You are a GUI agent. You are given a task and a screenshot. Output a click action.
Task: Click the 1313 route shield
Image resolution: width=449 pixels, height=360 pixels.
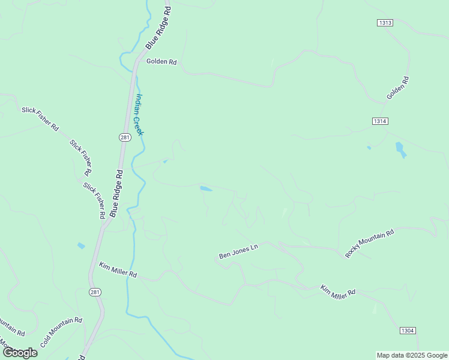tap(385, 23)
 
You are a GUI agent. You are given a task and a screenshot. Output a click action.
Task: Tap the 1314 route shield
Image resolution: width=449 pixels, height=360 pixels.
tap(379, 121)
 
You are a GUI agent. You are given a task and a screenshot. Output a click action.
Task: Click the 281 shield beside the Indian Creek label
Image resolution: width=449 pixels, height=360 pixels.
tap(124, 137)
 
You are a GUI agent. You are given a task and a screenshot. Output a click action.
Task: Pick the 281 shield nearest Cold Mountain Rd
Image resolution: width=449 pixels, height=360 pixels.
tap(95, 292)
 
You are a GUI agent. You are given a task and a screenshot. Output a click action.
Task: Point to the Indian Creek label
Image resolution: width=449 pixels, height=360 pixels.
tap(139, 115)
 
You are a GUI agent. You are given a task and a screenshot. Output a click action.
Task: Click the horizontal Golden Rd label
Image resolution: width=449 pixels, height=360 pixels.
tap(161, 61)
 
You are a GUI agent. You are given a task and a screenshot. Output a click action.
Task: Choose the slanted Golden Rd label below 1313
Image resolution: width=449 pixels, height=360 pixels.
tap(397, 88)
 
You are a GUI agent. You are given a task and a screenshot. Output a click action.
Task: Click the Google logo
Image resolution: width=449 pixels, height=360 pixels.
tap(20, 353)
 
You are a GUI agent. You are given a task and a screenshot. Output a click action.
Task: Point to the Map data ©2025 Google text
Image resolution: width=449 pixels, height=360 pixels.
tap(412, 355)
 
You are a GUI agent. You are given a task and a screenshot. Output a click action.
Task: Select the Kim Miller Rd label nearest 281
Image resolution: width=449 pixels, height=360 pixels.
tap(118, 270)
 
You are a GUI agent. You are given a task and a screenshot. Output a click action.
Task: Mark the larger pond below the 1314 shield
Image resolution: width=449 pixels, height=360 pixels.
tap(400, 149)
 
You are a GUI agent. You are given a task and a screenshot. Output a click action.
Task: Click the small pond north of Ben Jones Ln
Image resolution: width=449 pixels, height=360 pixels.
tap(206, 188)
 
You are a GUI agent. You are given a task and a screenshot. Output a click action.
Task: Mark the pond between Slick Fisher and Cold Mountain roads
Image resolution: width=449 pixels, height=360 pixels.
tap(81, 245)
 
